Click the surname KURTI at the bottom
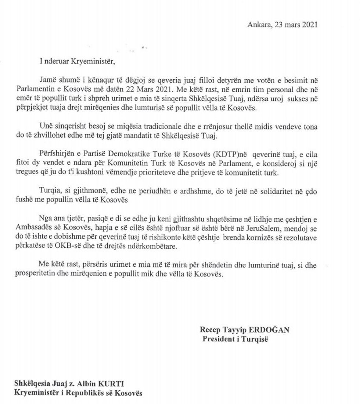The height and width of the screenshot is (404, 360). [111, 384]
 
